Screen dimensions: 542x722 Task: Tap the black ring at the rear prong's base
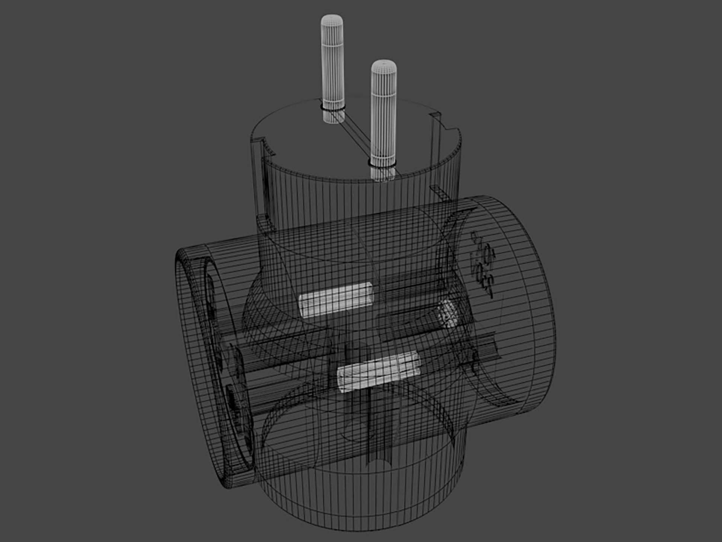coord(333,108)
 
